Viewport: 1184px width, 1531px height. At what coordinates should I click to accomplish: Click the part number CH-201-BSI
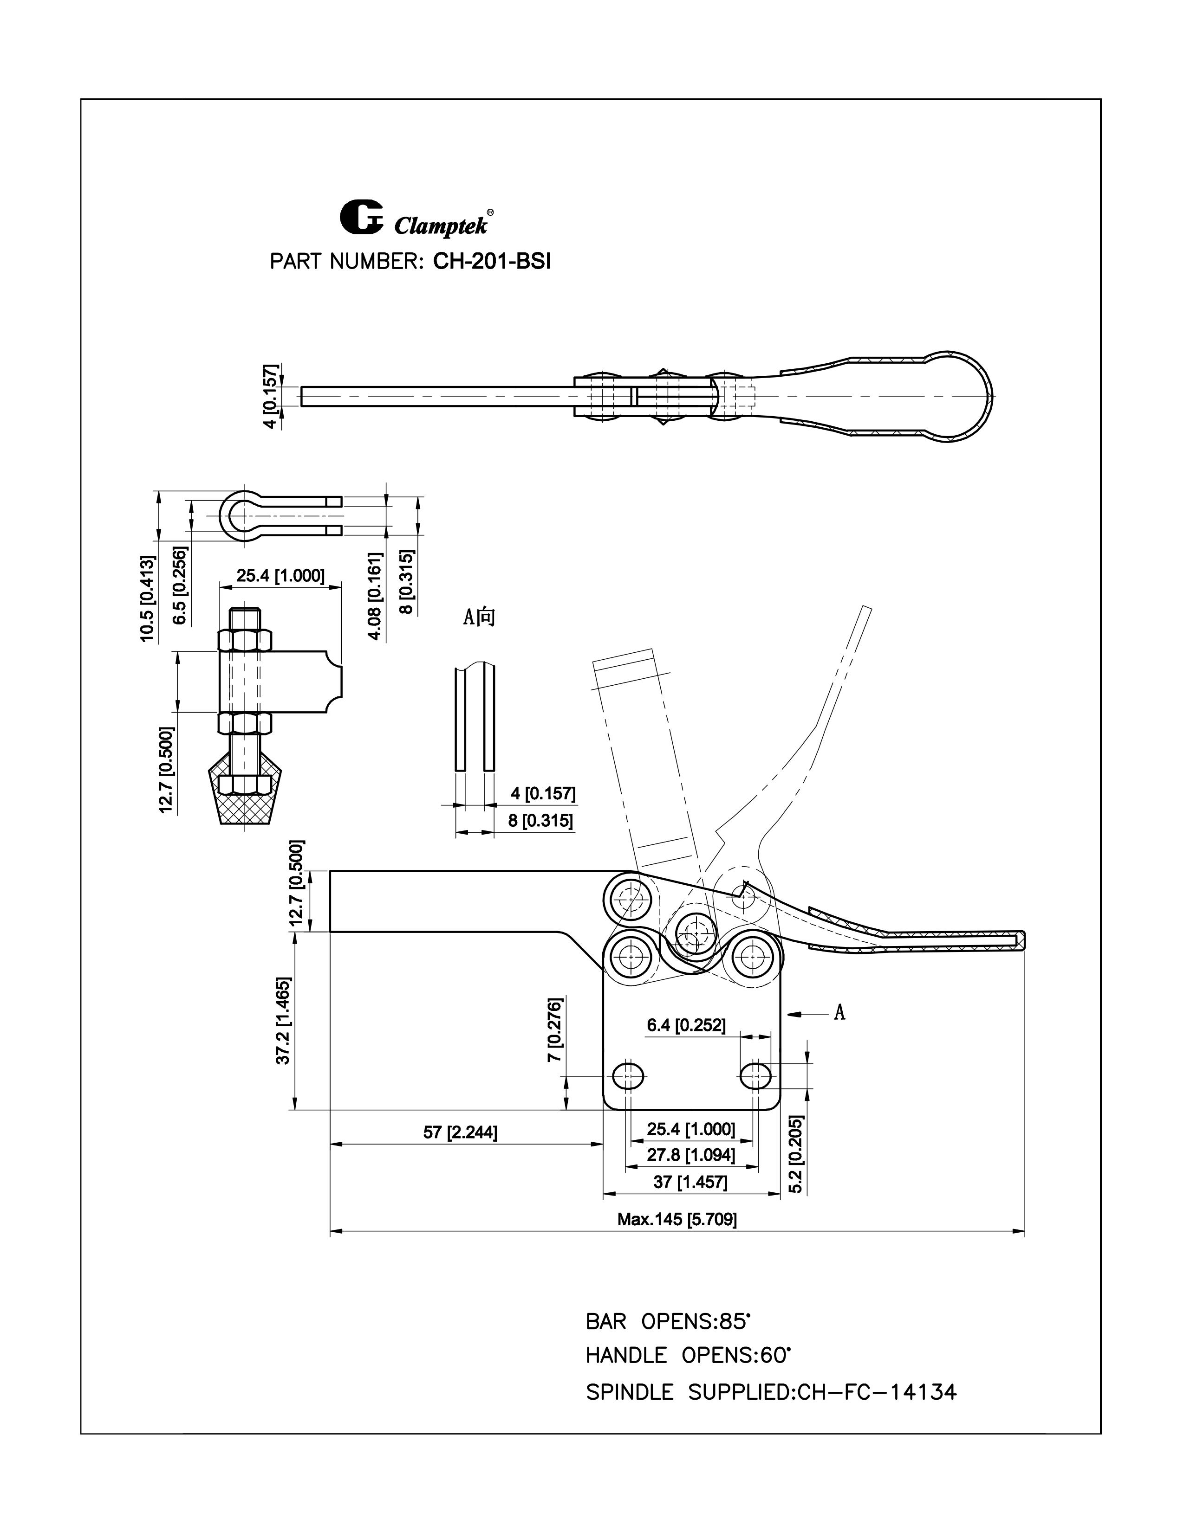click(492, 262)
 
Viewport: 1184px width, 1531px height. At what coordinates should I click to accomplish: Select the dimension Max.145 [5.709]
click(677, 1219)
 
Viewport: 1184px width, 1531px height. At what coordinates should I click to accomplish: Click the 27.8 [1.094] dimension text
click(691, 1155)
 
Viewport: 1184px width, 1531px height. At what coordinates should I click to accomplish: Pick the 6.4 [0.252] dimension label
click(685, 1026)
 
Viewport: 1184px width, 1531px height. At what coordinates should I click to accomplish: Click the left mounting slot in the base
click(629, 1074)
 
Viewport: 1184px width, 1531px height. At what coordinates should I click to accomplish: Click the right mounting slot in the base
click(755, 1074)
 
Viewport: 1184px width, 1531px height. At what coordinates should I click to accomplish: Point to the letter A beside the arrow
click(839, 1012)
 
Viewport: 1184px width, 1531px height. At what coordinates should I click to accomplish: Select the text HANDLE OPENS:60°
click(688, 1356)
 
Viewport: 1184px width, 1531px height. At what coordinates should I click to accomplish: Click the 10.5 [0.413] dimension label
click(147, 598)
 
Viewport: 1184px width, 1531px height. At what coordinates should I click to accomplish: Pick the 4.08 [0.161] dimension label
click(377, 596)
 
